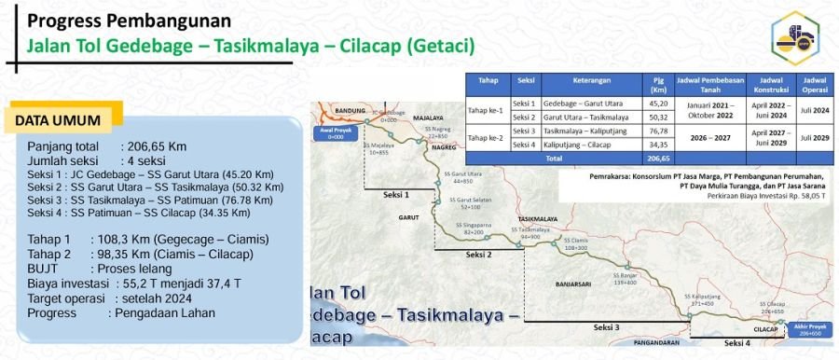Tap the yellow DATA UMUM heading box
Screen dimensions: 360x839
pos(64,120)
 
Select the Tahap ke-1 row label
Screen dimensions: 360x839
pos(488,110)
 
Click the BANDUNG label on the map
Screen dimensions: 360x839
pos(350,111)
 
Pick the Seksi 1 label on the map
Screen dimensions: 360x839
pos(397,195)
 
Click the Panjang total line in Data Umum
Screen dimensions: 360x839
pos(106,147)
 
